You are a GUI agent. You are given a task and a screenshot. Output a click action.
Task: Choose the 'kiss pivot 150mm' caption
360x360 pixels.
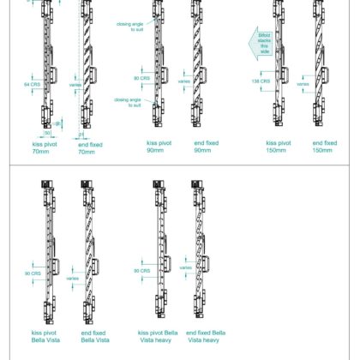click(x=278, y=147)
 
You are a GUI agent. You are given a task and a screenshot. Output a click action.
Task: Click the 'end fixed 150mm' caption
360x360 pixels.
click(x=324, y=147)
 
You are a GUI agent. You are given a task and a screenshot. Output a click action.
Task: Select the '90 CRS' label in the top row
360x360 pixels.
click(x=141, y=79)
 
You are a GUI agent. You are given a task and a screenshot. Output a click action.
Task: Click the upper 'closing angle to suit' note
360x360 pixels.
click(x=130, y=27)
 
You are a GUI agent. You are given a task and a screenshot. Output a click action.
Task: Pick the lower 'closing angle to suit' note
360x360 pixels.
click(x=130, y=102)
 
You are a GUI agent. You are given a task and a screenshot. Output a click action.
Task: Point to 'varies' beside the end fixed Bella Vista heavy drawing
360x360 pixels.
click(x=186, y=268)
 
